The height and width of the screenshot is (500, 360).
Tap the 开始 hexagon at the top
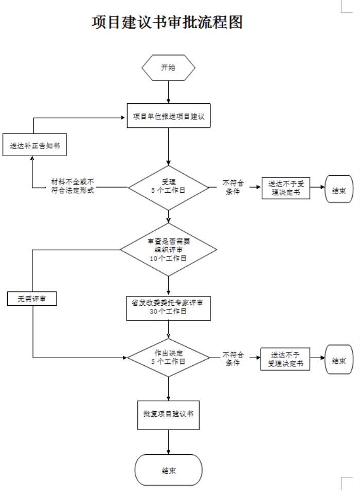(x=168, y=67)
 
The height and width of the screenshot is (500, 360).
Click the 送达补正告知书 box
(x=34, y=145)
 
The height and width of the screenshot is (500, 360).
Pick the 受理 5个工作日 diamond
(x=169, y=187)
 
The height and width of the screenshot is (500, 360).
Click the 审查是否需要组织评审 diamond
(x=169, y=250)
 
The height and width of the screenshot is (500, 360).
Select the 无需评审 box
(x=31, y=299)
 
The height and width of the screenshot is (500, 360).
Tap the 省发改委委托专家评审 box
(x=169, y=307)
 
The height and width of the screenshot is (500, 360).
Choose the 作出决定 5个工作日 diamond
(x=169, y=358)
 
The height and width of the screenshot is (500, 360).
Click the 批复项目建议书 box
(x=169, y=414)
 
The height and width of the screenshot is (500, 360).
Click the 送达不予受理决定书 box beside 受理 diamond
(x=286, y=188)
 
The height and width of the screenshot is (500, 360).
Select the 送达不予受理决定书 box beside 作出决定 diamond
(x=286, y=359)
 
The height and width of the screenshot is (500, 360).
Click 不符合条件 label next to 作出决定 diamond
(x=232, y=359)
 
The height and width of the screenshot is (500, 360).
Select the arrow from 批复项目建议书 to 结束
(x=169, y=441)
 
